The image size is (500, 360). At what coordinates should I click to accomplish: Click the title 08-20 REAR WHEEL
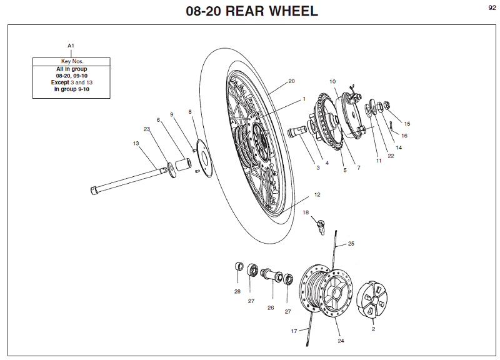coord(251,11)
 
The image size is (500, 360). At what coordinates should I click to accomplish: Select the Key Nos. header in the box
coord(71,61)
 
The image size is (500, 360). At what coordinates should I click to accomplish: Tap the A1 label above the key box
coord(71,46)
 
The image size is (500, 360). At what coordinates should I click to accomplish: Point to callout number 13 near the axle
coord(136,143)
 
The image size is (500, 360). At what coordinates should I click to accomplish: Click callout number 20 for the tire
coord(291,81)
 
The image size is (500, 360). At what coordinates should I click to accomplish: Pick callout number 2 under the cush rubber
coord(373,328)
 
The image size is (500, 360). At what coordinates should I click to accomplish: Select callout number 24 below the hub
coord(341,341)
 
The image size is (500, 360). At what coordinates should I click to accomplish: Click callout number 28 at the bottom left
coord(237,291)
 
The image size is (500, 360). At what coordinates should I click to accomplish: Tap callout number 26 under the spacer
coord(271,307)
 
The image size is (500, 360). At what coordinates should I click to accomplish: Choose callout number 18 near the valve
coord(306,212)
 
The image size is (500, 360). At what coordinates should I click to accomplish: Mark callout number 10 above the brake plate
coord(332,81)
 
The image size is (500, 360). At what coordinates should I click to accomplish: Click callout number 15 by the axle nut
coord(407,124)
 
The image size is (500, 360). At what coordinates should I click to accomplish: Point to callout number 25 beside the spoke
coord(351,243)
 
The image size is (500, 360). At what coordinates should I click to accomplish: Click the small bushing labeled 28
coord(238,267)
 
